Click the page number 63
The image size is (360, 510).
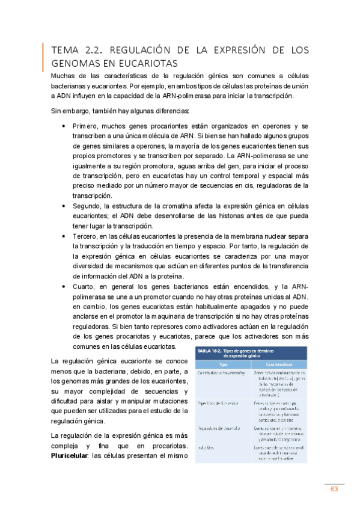click(x=334, y=489)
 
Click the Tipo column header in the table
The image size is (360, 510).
click(x=224, y=364)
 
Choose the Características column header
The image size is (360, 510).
click(x=280, y=364)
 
